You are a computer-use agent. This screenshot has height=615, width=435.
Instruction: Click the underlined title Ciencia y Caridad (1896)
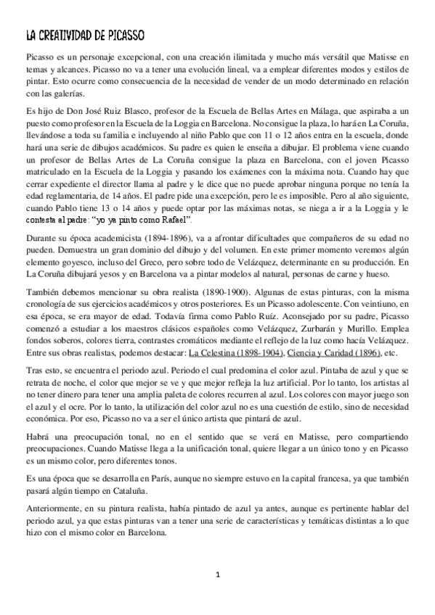[x=323, y=353]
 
